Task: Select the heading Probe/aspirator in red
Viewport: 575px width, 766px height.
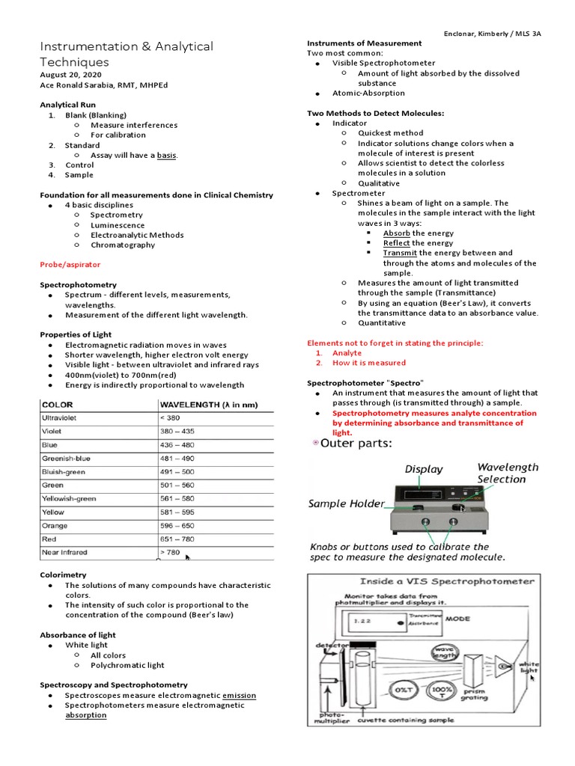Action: (70, 265)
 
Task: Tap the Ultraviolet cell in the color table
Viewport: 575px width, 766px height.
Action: (64, 417)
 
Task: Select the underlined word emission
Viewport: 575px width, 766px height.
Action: (239, 695)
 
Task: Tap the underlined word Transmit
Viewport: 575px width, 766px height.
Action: (400, 253)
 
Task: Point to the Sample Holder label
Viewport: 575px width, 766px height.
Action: (347, 504)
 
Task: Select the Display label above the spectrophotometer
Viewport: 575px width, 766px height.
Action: (424, 470)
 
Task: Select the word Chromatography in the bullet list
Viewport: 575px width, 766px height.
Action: (123, 245)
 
